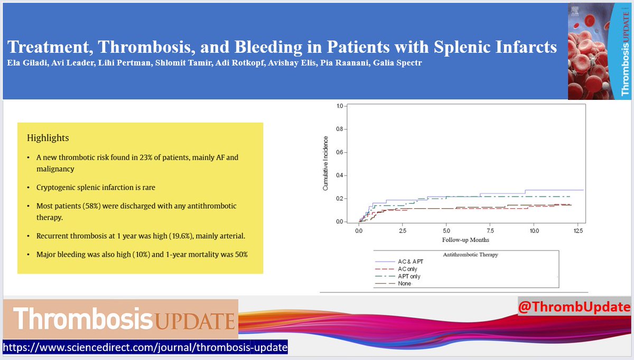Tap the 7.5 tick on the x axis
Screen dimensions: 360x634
point(490,231)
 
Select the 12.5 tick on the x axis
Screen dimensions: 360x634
point(577,231)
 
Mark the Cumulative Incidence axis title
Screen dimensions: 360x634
point(326,163)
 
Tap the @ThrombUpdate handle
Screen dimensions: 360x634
point(575,307)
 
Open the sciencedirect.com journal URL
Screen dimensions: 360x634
point(145,348)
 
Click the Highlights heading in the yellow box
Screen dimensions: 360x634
point(48,138)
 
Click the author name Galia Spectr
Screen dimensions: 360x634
point(394,63)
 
